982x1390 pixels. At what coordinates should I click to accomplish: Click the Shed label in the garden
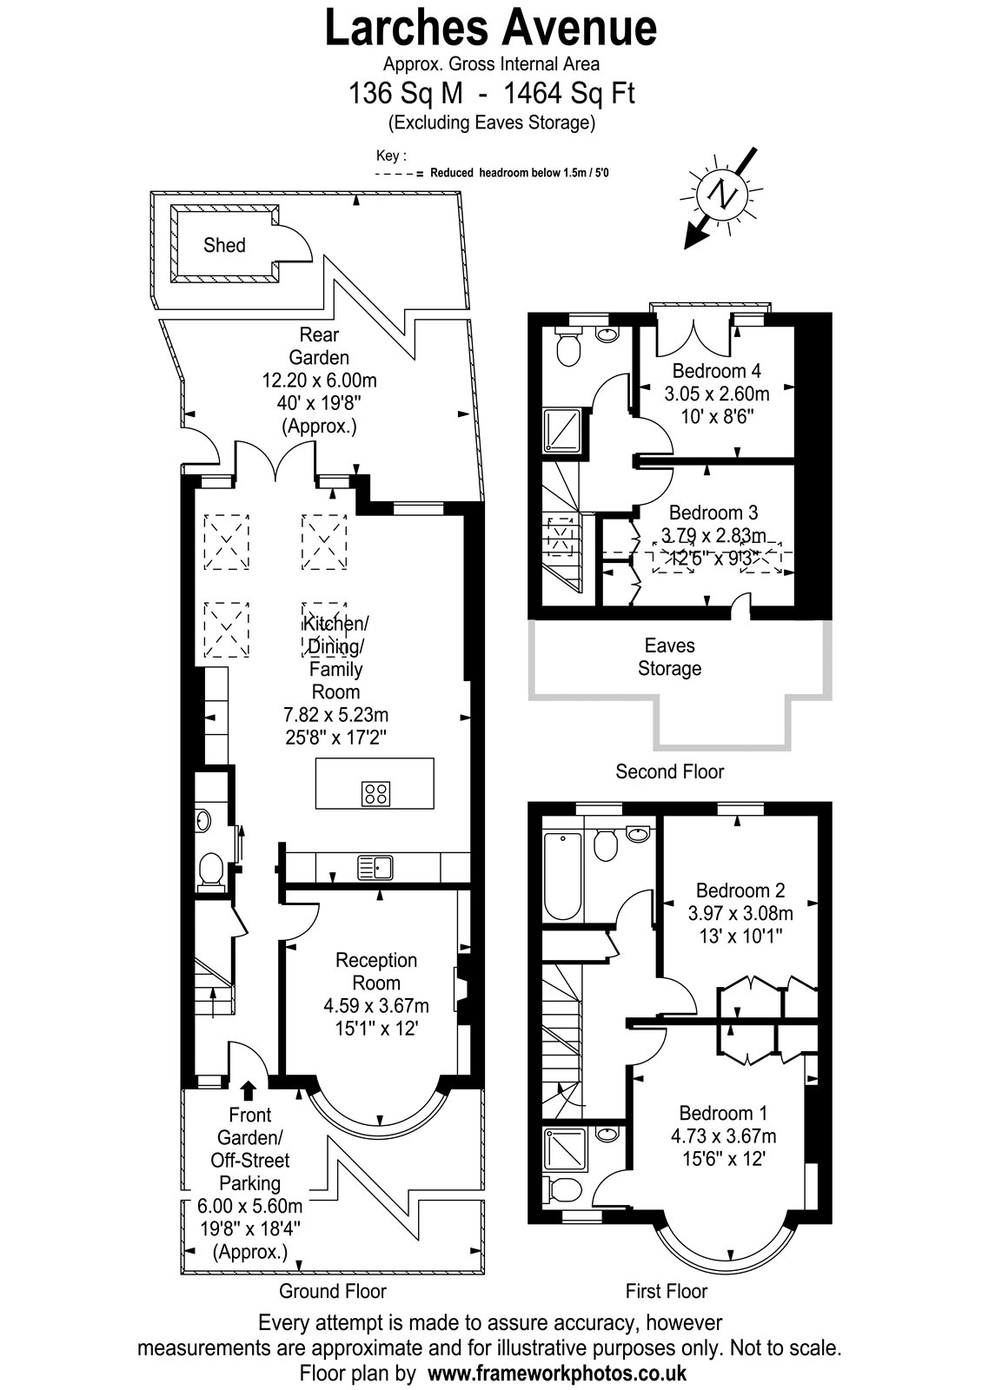[x=224, y=245]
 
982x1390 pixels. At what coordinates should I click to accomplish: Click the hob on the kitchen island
[x=375, y=793]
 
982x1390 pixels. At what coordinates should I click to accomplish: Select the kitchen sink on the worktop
[x=375, y=867]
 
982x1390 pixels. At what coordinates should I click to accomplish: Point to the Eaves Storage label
[x=669, y=657]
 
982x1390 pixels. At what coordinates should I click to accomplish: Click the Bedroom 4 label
[x=716, y=370]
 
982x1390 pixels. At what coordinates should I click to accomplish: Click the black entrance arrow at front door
[x=249, y=1090]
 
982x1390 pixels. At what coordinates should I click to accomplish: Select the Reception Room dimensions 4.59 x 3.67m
[x=376, y=1005]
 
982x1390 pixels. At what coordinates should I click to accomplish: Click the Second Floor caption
[x=669, y=771]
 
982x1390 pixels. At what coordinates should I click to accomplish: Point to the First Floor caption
[x=666, y=1291]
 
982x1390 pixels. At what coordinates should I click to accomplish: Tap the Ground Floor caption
[x=333, y=1291]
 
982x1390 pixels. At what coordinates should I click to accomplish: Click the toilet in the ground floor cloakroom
[x=210, y=869]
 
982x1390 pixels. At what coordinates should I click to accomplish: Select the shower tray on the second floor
[x=562, y=431]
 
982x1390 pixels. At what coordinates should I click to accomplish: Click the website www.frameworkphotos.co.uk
[x=557, y=1372]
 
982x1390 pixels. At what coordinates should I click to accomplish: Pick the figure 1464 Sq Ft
[x=568, y=93]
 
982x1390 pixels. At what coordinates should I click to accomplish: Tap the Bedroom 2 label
[x=740, y=890]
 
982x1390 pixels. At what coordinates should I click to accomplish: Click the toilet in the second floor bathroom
[x=568, y=348]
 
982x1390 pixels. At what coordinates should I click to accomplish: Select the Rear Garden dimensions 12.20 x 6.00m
[x=319, y=380]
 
